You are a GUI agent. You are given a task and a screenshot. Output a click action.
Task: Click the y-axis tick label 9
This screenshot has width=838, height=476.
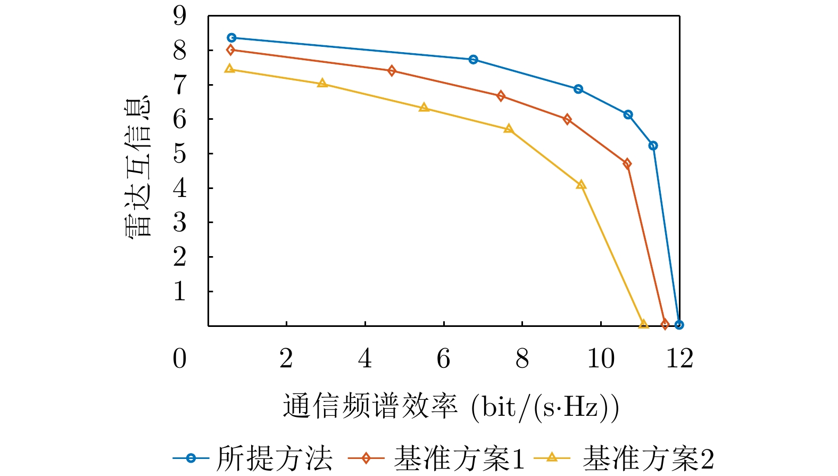click(x=180, y=15)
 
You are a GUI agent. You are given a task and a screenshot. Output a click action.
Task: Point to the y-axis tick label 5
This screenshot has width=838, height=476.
click(x=180, y=153)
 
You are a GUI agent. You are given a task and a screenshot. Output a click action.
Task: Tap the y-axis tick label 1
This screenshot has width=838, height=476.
click(x=180, y=291)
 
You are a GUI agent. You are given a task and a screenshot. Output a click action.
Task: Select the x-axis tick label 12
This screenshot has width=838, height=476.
click(x=679, y=359)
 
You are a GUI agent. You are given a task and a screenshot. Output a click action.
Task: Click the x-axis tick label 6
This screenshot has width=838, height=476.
click(x=443, y=359)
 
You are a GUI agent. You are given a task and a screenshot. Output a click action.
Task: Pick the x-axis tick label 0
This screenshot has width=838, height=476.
click(x=180, y=359)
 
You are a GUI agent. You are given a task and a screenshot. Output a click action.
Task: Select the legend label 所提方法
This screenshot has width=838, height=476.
click(x=274, y=458)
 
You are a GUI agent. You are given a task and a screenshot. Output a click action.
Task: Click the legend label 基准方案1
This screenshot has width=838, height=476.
click(x=459, y=458)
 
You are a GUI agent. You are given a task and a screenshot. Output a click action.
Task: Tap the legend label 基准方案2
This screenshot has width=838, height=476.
click(x=648, y=458)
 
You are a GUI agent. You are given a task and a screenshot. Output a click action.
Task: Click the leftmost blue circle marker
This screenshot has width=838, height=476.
click(x=231, y=38)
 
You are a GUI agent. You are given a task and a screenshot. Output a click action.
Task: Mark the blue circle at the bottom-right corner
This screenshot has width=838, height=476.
click(x=679, y=325)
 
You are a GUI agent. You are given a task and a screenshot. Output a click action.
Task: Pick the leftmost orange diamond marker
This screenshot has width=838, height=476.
click(x=230, y=50)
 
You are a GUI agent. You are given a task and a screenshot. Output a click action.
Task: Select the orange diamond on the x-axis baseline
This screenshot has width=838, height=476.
click(x=665, y=324)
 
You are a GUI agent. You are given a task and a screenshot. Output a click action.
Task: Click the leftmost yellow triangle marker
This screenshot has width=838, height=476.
click(x=230, y=69)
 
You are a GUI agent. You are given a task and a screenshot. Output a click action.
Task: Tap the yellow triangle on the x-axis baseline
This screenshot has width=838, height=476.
click(x=643, y=324)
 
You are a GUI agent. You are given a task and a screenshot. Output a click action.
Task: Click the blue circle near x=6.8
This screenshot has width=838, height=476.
click(x=473, y=60)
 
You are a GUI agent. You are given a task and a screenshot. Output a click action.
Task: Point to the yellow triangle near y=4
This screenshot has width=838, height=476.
click(x=581, y=185)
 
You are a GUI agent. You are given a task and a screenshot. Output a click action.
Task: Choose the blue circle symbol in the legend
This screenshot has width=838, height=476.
click(x=191, y=458)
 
